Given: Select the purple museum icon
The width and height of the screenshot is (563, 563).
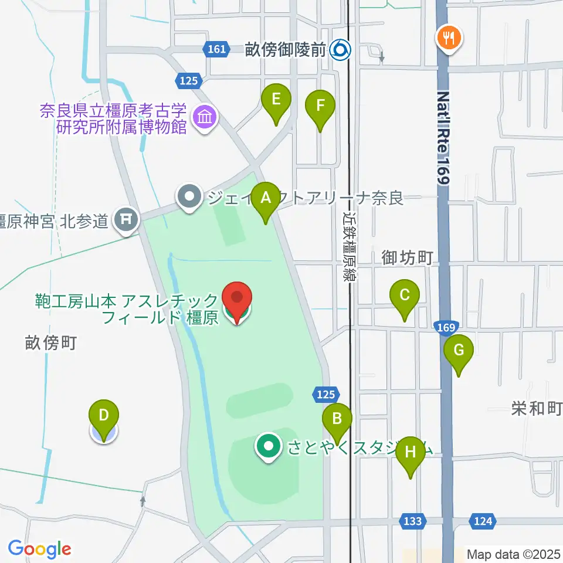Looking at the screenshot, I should (205, 117).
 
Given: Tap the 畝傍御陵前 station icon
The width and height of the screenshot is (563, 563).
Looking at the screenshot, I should (340, 50).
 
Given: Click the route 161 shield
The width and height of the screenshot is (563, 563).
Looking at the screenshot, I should (217, 49).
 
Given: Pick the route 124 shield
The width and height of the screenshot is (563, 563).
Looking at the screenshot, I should (482, 520).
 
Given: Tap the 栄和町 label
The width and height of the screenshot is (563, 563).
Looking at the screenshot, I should (536, 409).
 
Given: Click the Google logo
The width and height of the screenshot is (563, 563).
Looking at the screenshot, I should (39, 550).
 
